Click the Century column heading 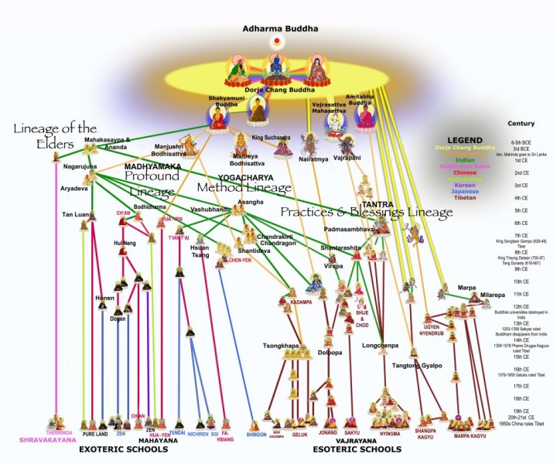point(521,124)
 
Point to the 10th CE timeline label point(521,281)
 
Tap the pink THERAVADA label point(58,433)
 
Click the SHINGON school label point(256,435)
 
